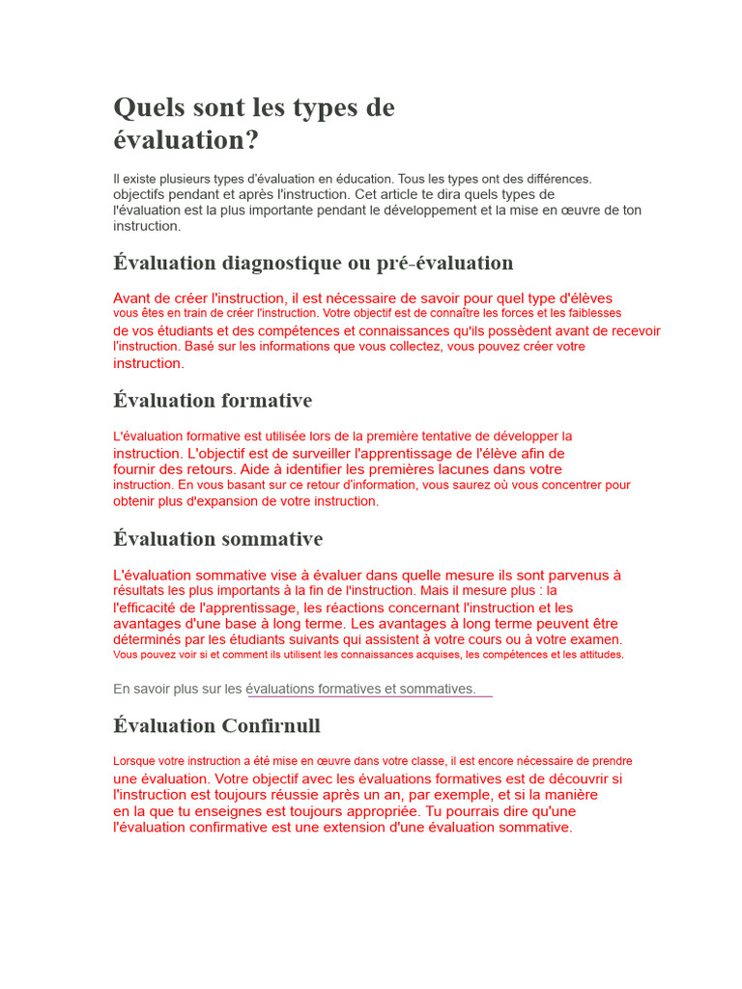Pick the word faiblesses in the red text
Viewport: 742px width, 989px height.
click(590, 313)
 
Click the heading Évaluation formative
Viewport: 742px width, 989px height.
click(213, 400)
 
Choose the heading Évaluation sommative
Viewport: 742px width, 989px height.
click(218, 538)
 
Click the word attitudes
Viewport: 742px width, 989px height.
click(595, 655)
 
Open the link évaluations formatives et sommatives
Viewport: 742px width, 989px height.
click(361, 689)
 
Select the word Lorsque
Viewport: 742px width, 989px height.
click(133, 761)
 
